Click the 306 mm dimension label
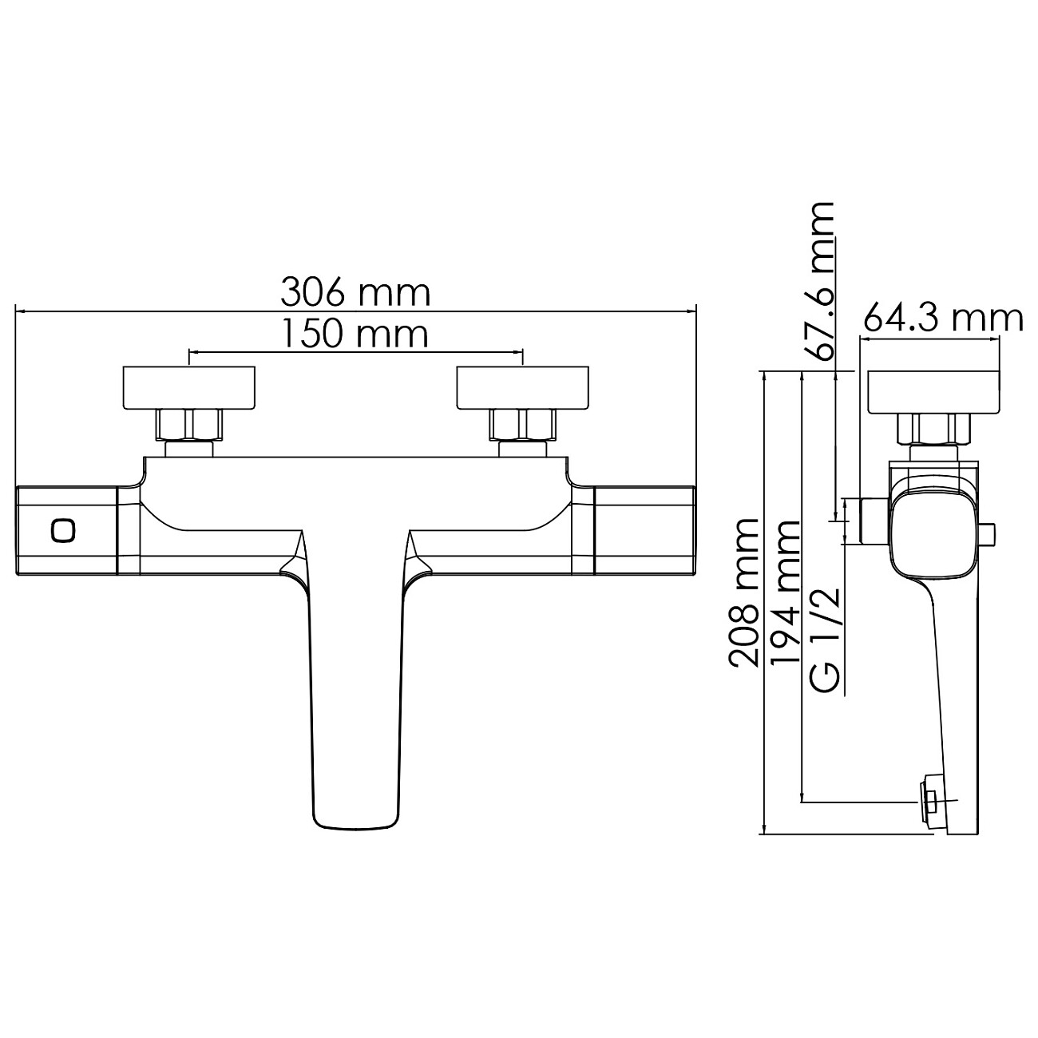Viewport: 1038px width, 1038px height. pos(355,293)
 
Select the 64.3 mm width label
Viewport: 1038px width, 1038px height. pos(943,319)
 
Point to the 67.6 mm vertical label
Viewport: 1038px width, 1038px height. pos(818,283)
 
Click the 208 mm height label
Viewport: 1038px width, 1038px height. pos(743,593)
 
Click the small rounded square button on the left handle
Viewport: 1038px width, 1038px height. pos(64,531)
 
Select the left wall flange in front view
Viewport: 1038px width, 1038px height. pos(189,388)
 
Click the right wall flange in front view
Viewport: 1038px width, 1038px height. pos(522,388)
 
